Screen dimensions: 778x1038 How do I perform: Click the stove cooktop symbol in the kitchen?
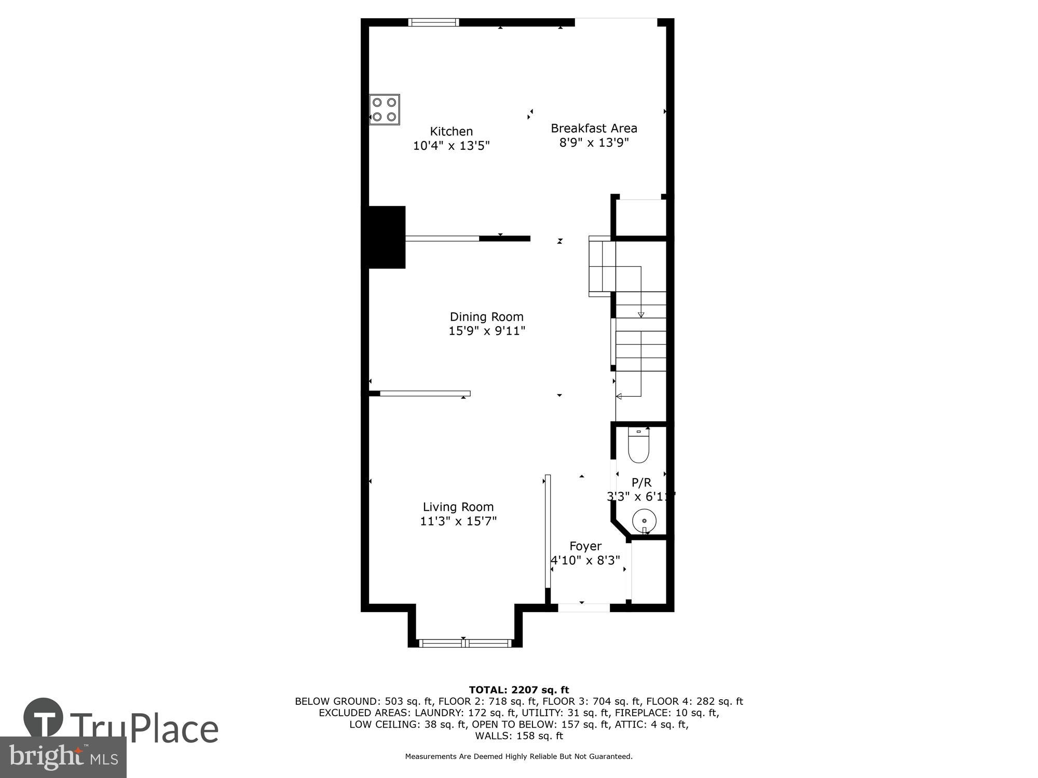tap(385, 109)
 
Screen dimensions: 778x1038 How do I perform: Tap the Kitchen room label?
tap(451, 132)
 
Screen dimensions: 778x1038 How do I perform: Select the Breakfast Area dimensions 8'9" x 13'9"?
tap(594, 143)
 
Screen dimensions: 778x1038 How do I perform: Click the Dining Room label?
tap(486, 317)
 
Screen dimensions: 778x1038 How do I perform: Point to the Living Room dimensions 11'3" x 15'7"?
tap(458, 521)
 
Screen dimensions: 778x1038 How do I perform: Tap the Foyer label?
tap(585, 546)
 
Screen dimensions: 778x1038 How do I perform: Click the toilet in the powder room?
tap(638, 446)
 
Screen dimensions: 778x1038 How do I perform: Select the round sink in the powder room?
tap(644, 520)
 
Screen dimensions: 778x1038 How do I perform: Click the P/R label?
tap(641, 482)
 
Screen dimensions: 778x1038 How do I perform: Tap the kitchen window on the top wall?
tap(433, 22)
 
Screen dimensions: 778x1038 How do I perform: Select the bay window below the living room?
tap(465, 643)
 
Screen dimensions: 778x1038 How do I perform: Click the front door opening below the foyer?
tap(584, 607)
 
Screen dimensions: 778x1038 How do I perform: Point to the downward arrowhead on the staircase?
tap(641, 314)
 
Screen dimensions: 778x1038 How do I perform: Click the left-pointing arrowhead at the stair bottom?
tap(619, 396)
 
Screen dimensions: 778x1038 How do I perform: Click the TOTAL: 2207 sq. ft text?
tap(518, 690)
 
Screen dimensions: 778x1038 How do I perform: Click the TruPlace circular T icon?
tap(44, 718)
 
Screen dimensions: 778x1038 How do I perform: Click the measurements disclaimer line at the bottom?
tap(518, 757)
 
